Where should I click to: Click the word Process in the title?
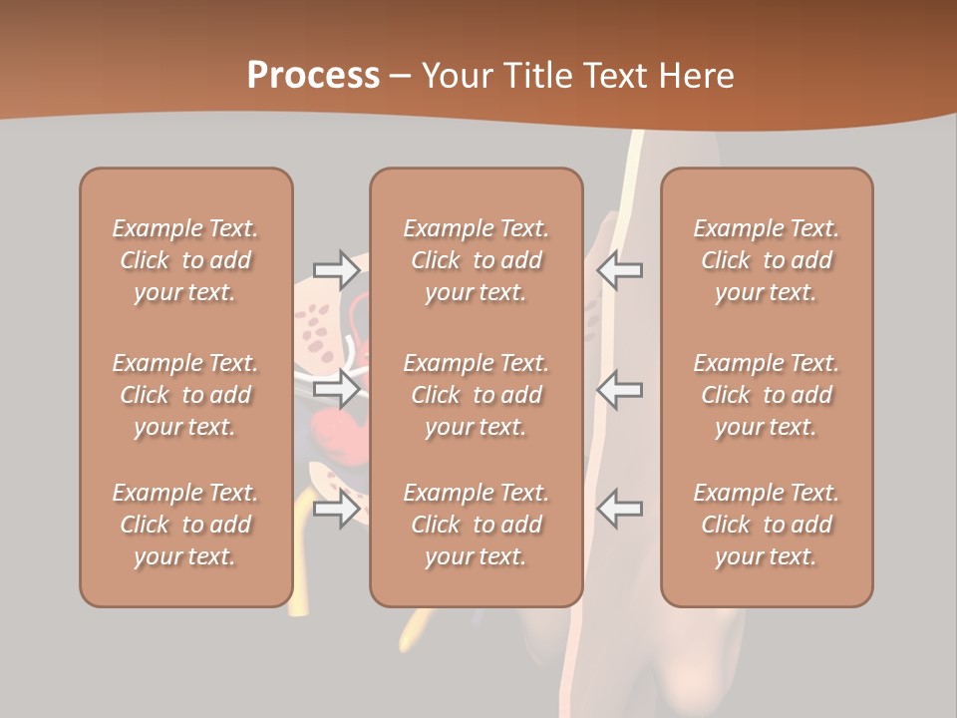tap(313, 76)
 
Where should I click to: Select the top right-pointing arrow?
tap(337, 269)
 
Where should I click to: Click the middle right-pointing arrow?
tap(337, 389)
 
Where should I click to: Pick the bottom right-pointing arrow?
tap(337, 509)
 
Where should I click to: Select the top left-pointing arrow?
tap(619, 269)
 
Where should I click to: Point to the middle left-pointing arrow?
tap(619, 389)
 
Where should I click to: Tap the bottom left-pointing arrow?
tap(619, 509)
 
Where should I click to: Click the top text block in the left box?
tap(185, 260)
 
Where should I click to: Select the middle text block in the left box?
tap(185, 395)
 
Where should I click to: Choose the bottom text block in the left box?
tap(185, 525)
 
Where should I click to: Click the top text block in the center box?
tap(477, 260)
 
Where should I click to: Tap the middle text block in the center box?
tap(477, 395)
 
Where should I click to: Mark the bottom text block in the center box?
tap(477, 525)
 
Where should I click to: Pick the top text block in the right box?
tap(767, 260)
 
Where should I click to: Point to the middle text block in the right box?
tap(767, 395)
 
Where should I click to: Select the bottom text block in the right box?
tap(767, 525)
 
